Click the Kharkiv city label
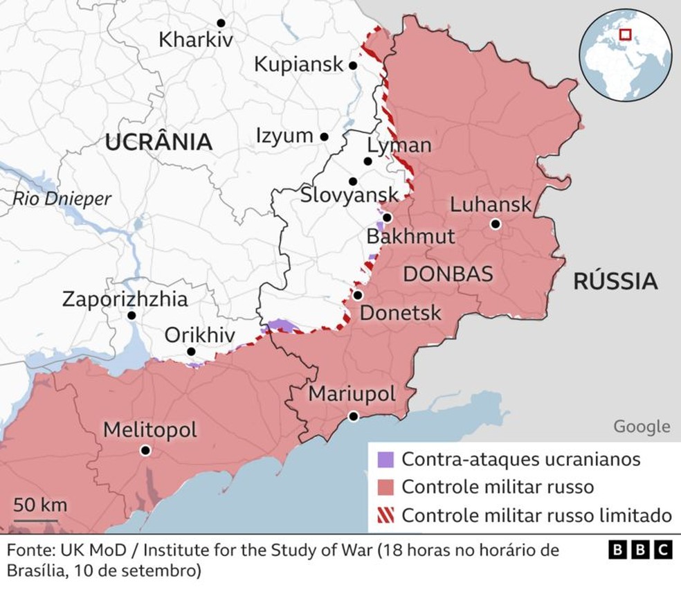point(196,39)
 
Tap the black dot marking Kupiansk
point(353,66)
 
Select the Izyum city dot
point(324,137)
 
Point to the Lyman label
point(399,145)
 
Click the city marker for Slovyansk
point(353,181)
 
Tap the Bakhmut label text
point(410,236)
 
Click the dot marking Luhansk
point(496,224)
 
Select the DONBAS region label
point(448,274)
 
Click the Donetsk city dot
point(358,295)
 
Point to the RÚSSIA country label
point(615,281)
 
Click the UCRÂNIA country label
point(158,143)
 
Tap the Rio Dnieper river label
point(62,199)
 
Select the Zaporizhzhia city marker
point(131,316)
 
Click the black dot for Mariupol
point(354,416)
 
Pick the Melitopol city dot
point(145,450)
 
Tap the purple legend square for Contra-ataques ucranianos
point(385,459)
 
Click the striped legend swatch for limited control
point(385,515)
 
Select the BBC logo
point(640,550)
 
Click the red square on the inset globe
point(625,34)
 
